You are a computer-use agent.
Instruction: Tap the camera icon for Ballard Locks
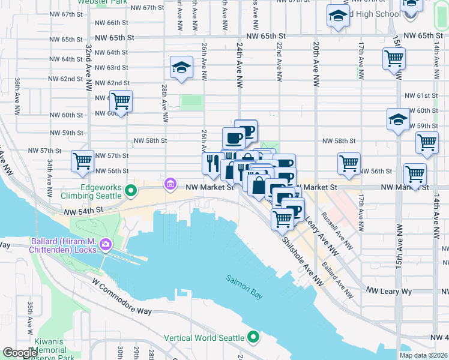coord(106,244)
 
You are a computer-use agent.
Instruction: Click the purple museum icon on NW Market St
coord(170,183)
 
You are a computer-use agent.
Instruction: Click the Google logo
coord(20,353)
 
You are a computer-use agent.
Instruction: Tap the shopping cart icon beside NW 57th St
coord(82,161)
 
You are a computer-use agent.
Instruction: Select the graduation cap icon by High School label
coord(338,16)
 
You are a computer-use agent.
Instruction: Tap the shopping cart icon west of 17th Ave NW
coord(349,163)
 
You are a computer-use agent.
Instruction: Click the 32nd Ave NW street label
coord(88,67)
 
